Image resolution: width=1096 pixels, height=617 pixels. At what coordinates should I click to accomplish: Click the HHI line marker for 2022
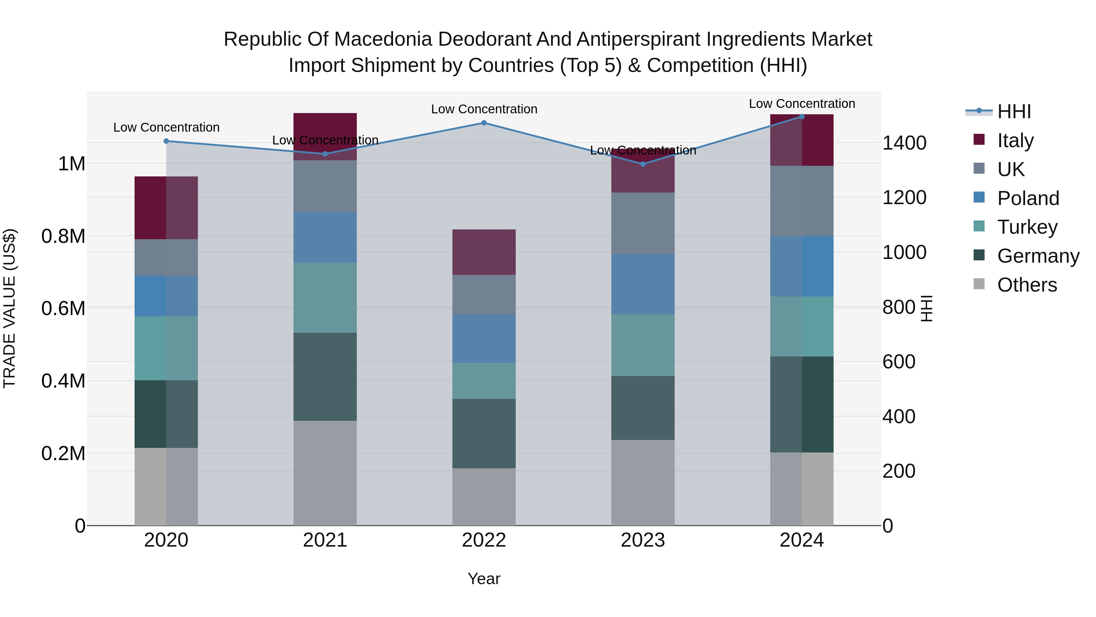(484, 123)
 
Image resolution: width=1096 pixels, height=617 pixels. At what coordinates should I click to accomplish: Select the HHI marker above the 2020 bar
(166, 141)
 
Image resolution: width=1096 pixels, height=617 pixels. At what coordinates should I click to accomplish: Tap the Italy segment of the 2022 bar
(484, 252)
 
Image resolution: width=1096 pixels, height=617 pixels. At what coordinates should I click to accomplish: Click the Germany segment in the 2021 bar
(325, 377)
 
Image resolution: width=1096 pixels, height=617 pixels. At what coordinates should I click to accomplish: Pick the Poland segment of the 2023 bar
(643, 285)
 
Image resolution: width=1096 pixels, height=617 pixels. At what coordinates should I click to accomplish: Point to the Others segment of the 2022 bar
(484, 497)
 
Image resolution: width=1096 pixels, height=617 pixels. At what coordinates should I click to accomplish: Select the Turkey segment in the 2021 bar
(325, 298)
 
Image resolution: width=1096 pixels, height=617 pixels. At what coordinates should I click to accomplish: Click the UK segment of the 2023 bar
(643, 224)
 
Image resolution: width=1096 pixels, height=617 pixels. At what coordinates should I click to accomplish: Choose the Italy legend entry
(1015, 140)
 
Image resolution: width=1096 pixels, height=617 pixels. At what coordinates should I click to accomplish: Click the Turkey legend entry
(1027, 227)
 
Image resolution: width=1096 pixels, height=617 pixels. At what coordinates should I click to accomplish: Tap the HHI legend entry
(1013, 112)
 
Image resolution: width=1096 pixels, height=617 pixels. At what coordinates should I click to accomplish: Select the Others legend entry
(1026, 285)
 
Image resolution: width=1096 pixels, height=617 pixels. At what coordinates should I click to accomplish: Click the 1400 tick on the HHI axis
(904, 143)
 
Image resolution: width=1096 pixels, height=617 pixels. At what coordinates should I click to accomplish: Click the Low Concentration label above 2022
(484, 109)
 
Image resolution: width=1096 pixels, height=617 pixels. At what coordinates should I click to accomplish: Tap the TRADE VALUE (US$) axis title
(9, 308)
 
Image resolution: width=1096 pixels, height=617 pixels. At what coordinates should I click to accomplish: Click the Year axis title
(484, 579)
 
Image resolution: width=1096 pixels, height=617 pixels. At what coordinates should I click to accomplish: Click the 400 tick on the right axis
(899, 417)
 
